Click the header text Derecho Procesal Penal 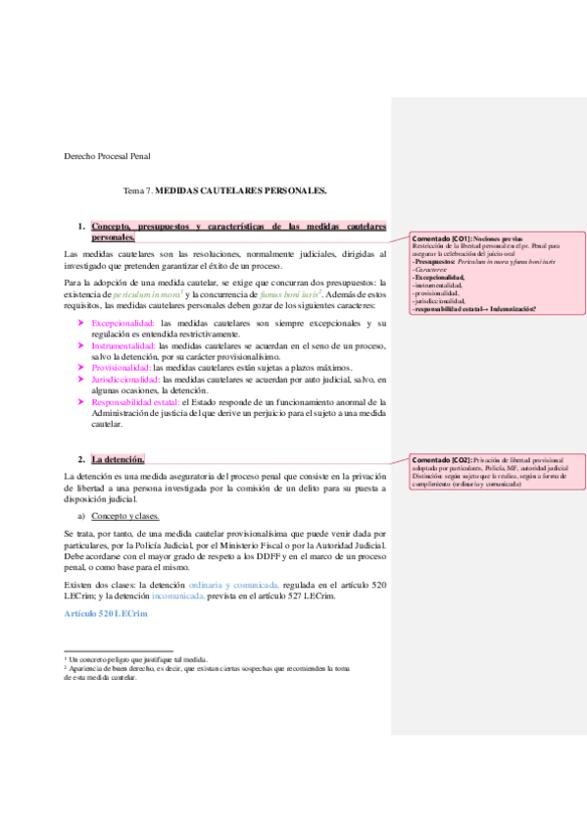107,155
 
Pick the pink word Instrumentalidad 122,345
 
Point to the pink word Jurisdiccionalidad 125,378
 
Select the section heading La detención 118,459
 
